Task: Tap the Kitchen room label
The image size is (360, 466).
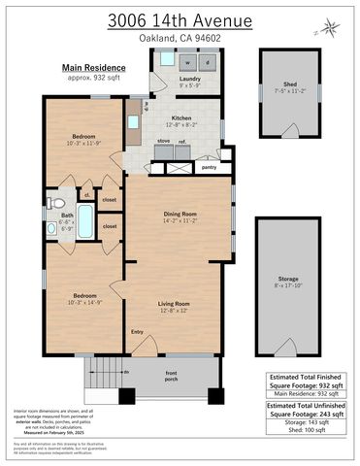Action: pyautogui.click(x=181, y=117)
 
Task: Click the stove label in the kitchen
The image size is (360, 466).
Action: pyautogui.click(x=163, y=140)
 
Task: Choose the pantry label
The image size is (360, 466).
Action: pyautogui.click(x=209, y=167)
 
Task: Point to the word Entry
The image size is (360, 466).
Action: pyautogui.click(x=137, y=333)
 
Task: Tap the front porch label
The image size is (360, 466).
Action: pyautogui.click(x=171, y=377)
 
